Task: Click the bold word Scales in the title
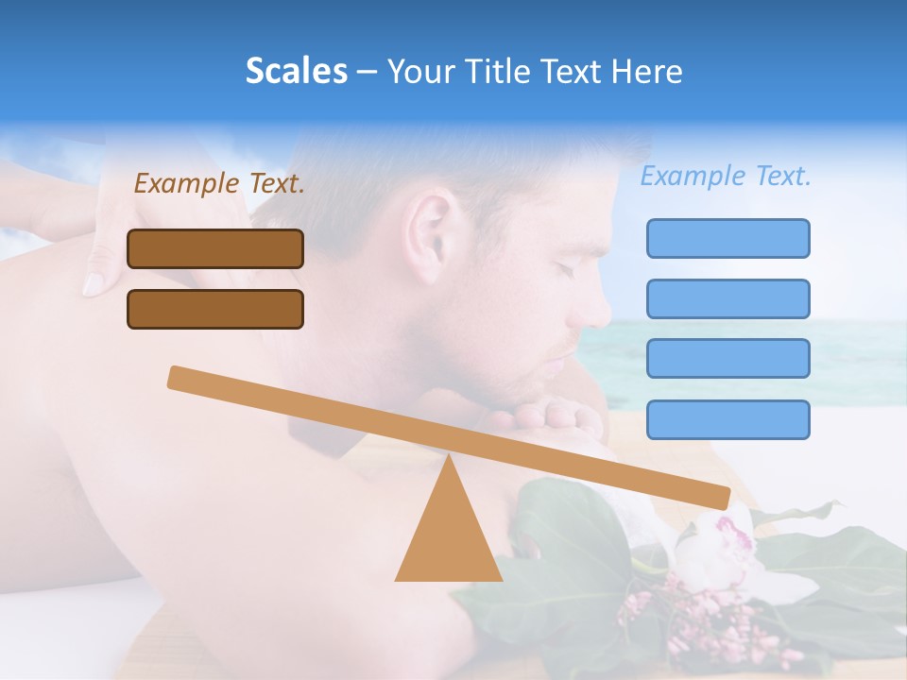point(296,72)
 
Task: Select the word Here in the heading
point(648,72)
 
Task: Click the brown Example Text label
point(219,183)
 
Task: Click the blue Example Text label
point(726,176)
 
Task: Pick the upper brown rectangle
point(215,248)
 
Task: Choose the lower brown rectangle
point(215,309)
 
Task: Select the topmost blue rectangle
point(727,238)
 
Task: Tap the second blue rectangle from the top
point(727,298)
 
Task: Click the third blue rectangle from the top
point(727,359)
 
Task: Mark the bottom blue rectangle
point(727,419)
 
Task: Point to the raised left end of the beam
point(180,377)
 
